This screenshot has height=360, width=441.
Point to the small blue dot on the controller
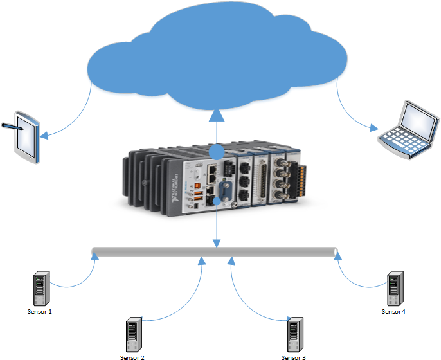[x=217, y=201]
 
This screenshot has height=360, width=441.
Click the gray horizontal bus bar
[x=215, y=251]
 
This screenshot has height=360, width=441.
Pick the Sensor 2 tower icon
[x=133, y=334]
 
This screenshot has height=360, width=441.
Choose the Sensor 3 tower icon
[x=294, y=334]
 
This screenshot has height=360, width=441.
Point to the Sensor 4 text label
[x=393, y=311]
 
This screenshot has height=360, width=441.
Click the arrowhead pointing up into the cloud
[x=217, y=115]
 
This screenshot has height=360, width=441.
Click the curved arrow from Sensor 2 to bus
[x=186, y=302]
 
